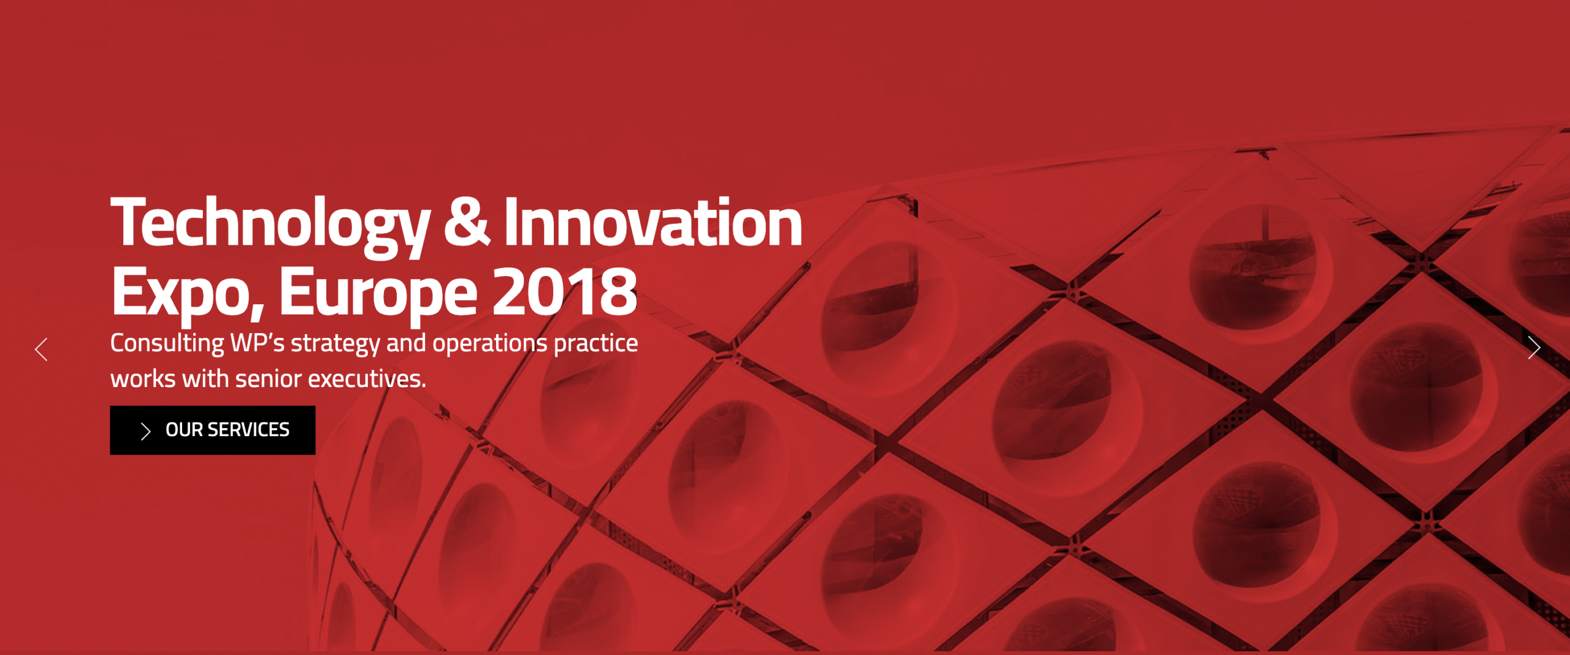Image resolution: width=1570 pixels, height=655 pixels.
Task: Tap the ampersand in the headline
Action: pos(466,221)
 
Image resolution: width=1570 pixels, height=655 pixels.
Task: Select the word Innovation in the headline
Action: pos(653,221)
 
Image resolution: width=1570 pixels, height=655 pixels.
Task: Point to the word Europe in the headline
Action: pos(378,294)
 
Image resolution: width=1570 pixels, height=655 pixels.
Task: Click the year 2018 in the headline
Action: pos(565,292)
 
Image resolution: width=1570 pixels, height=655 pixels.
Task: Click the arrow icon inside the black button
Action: pos(145,431)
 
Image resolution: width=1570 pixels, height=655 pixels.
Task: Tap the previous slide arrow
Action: pos(41,350)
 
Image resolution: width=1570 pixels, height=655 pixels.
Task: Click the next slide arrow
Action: pos(1534,348)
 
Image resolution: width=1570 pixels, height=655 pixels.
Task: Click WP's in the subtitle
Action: pos(258,343)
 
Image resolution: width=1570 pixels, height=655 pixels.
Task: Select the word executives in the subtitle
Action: pos(367,380)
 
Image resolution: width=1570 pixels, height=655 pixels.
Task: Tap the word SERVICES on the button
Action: pos(248,430)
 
